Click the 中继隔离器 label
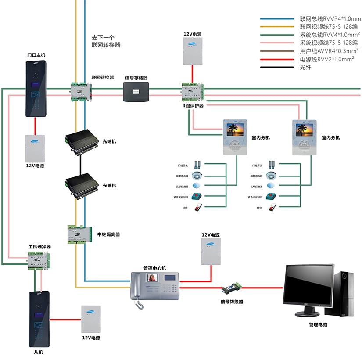108,234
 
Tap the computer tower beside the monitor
344,293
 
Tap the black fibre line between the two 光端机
80,165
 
